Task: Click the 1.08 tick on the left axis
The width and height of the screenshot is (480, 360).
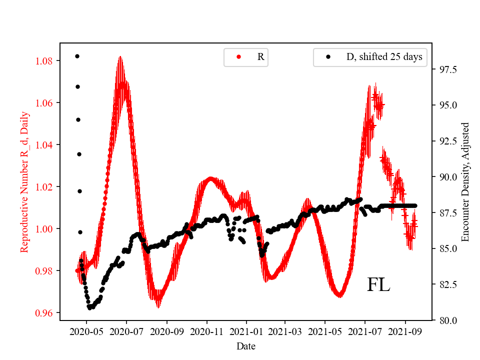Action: [x=45, y=61]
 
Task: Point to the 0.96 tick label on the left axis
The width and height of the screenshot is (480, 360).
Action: [x=45, y=313]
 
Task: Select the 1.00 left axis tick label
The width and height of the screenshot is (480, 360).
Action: [x=45, y=229]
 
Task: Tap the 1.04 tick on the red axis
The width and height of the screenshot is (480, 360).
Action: [x=45, y=145]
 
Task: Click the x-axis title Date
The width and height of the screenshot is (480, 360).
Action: [x=246, y=346]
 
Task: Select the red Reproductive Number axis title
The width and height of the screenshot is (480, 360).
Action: [x=24, y=181]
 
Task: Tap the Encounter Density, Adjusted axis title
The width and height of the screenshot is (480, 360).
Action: [x=466, y=181]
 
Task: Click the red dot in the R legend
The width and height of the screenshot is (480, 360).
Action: [x=238, y=57]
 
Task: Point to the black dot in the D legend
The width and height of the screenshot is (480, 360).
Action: [x=328, y=57]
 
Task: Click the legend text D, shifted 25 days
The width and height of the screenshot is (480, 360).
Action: [x=384, y=57]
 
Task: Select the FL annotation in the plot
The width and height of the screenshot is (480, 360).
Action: [x=378, y=285]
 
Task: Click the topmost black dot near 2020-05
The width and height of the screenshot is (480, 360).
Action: [x=77, y=56]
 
